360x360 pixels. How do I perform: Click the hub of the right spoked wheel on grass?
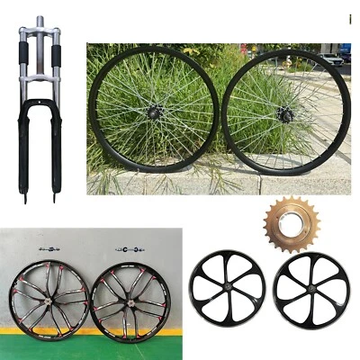pyautogui.click(x=286, y=113)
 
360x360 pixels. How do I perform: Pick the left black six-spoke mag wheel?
pyautogui.click(x=227, y=289)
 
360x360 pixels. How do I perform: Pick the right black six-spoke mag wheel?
pyautogui.click(x=311, y=290)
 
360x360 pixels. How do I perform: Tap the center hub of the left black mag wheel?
pyautogui.click(x=227, y=289)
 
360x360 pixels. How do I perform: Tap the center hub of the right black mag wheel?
pyautogui.click(x=311, y=290)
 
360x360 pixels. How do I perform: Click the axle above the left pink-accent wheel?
pyautogui.click(x=49, y=249)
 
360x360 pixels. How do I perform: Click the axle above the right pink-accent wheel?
pyautogui.click(x=126, y=249)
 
